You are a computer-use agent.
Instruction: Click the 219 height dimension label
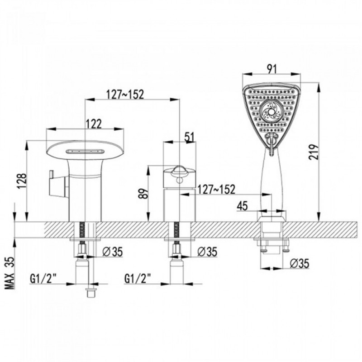click(x=314, y=152)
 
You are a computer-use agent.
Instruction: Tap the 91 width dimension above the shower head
click(x=272, y=69)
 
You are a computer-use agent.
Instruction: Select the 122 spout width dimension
click(x=94, y=124)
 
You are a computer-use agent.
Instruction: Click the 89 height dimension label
click(x=143, y=194)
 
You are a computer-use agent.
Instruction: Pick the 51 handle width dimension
click(x=190, y=137)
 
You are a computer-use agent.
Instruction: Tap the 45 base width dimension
click(x=242, y=206)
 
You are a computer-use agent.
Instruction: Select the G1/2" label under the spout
click(x=43, y=279)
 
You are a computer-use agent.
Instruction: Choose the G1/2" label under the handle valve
click(x=138, y=278)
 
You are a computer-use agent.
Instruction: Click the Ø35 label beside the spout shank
click(x=112, y=252)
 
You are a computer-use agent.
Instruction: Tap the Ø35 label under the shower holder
click(x=300, y=263)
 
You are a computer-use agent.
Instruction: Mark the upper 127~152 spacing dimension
click(x=125, y=94)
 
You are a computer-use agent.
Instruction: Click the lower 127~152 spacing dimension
click(x=216, y=190)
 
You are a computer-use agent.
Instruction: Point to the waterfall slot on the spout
click(x=85, y=152)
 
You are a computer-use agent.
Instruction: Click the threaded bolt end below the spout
click(x=91, y=292)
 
